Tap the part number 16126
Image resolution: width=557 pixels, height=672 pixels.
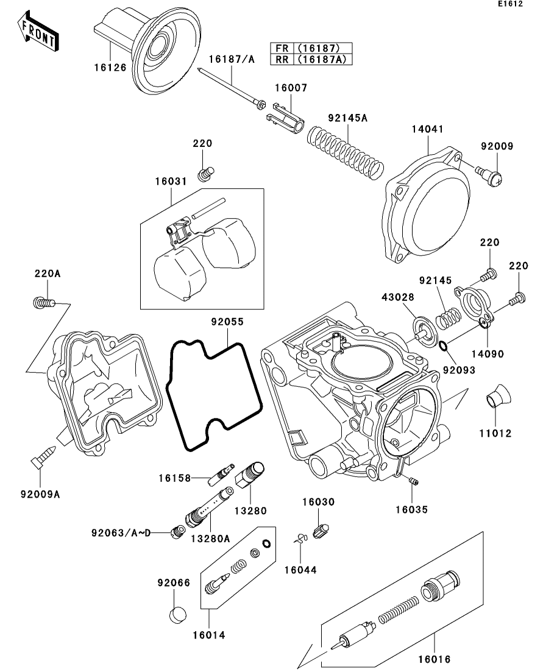(111, 68)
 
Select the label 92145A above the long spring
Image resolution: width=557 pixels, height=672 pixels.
(348, 118)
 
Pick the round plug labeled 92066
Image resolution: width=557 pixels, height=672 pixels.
(176, 614)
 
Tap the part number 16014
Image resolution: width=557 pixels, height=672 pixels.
(208, 635)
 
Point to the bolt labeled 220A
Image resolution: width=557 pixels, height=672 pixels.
(43, 301)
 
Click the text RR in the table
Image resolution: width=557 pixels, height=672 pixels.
(281, 58)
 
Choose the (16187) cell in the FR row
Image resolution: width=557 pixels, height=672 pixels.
(324, 48)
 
